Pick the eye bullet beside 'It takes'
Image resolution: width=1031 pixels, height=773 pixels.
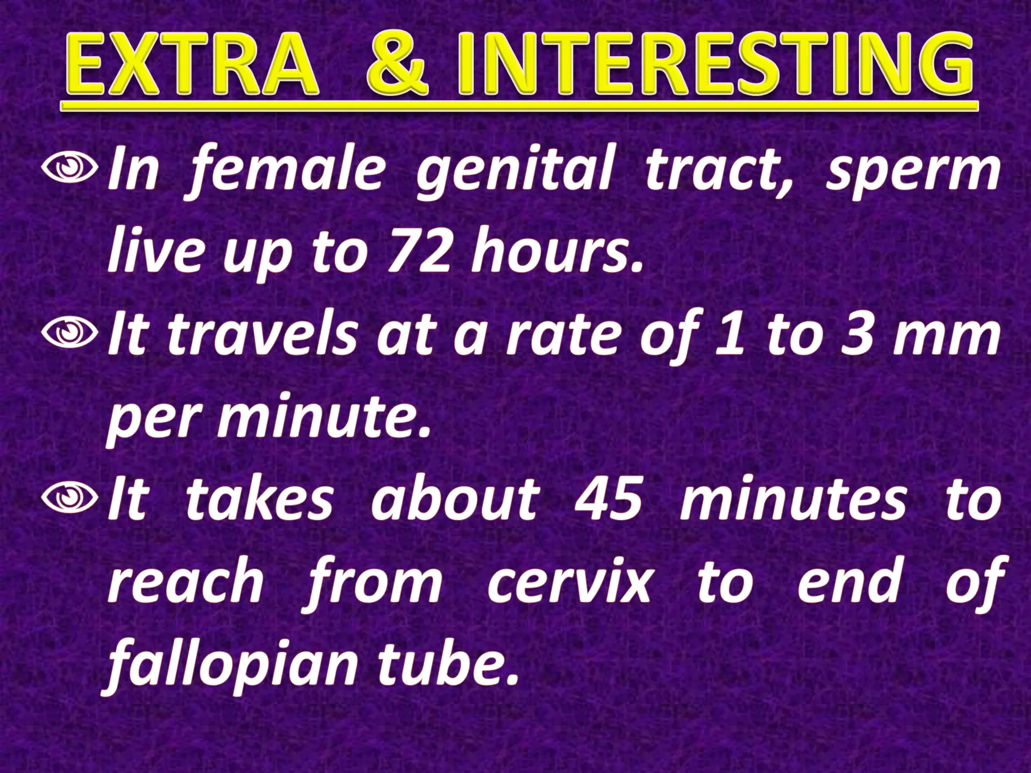69,498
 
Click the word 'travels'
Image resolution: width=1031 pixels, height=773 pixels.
262,335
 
